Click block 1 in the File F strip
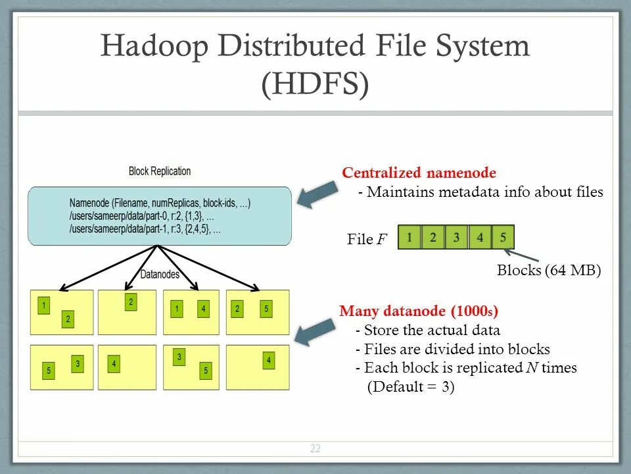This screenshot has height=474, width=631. (x=409, y=237)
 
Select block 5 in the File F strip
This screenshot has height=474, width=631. (x=503, y=237)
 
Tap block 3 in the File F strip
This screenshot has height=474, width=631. (x=456, y=237)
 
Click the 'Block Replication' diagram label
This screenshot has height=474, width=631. (x=160, y=171)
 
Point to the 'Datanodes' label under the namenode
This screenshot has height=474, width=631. (x=160, y=275)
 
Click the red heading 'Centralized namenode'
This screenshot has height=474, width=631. (x=419, y=173)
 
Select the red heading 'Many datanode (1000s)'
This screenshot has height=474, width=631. (x=419, y=311)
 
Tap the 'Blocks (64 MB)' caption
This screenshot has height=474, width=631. (x=549, y=270)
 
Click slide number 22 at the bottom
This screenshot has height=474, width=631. (x=315, y=449)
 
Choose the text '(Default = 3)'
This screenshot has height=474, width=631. (x=411, y=387)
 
